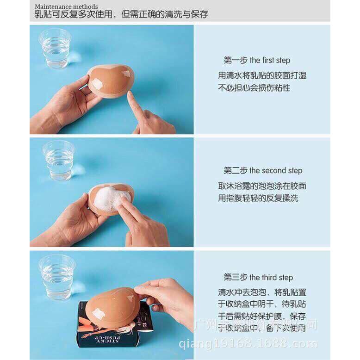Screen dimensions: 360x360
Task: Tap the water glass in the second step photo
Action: pyautogui.click(x=58, y=160)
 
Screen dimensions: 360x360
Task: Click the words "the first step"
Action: pyautogui.click(x=270, y=61)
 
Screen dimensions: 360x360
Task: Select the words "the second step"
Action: pyautogui.click(x=276, y=171)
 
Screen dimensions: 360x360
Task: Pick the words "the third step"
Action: pyautogui.click(x=271, y=278)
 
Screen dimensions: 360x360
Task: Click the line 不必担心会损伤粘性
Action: pyautogui.click(x=254, y=87)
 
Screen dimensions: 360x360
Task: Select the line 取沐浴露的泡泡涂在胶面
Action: pyautogui.click(x=262, y=186)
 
